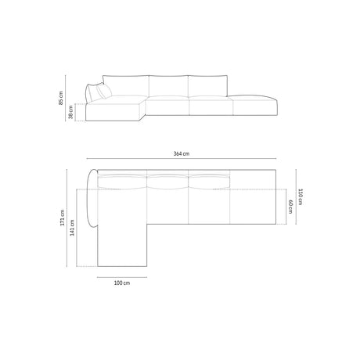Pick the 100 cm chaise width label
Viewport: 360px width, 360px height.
pyautogui.click(x=121, y=283)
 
